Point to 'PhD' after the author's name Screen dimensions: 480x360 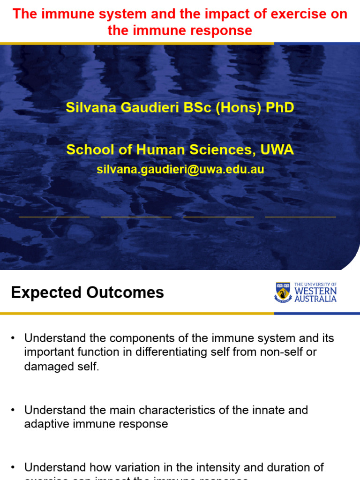coord(280,108)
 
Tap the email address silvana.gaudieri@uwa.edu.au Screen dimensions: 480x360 coord(180,170)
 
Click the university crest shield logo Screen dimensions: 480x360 coord(283,292)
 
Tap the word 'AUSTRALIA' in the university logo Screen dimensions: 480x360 coord(315,299)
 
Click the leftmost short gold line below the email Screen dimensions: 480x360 coord(54,217)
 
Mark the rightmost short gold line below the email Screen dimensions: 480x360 coord(300,217)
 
